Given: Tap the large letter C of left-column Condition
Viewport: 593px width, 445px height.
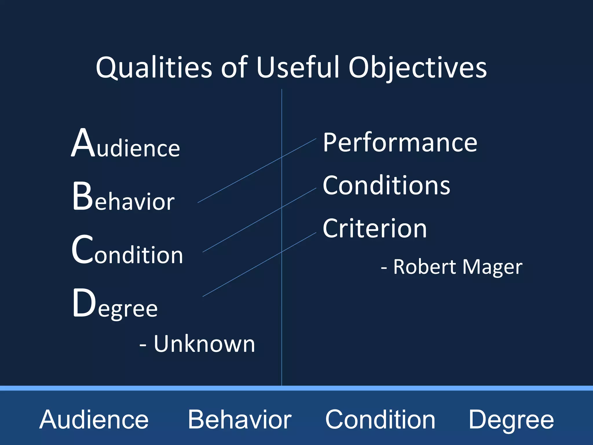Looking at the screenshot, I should (x=82, y=250).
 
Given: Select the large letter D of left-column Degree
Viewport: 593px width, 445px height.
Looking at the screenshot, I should (x=84, y=303).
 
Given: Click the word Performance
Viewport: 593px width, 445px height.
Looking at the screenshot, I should (x=400, y=143).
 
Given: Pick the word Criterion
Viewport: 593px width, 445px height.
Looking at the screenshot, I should (x=375, y=229).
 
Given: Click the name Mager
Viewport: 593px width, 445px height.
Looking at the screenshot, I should (x=492, y=267).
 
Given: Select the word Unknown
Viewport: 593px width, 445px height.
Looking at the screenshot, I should (x=204, y=344).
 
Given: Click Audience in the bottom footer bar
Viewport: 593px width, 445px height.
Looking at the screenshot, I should (x=94, y=420).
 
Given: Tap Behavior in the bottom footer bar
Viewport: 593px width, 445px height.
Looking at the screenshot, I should (x=240, y=420).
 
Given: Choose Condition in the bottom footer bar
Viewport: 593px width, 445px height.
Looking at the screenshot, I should (x=380, y=420).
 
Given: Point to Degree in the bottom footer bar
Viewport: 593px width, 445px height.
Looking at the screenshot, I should (x=511, y=420).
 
